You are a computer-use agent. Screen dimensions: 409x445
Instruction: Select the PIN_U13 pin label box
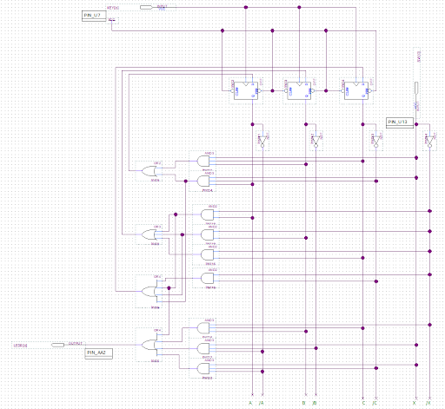pos(401,122)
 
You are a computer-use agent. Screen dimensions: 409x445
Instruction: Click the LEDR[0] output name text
pos(21,346)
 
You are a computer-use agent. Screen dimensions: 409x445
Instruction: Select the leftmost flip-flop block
pos(243,88)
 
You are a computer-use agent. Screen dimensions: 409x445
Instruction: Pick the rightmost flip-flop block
pos(355,88)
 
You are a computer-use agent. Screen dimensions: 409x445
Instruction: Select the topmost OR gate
pos(150,170)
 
